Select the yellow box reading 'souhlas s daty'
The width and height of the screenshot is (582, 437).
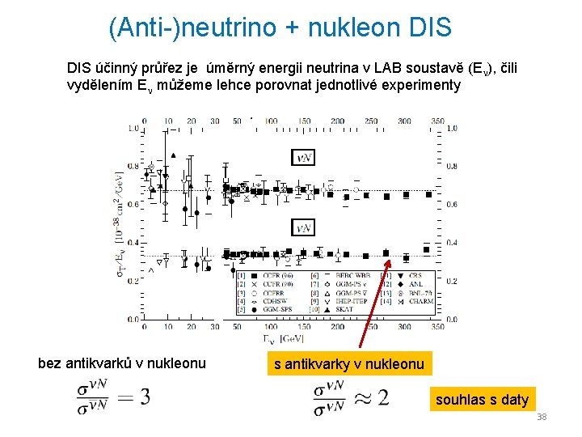pos(483,399)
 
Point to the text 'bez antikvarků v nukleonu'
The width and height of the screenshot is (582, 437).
pos(122,363)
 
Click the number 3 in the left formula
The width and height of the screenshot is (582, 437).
pos(145,397)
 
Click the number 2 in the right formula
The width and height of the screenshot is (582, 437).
pos(382,397)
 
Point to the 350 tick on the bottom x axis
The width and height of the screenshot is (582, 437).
pos(437,327)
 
